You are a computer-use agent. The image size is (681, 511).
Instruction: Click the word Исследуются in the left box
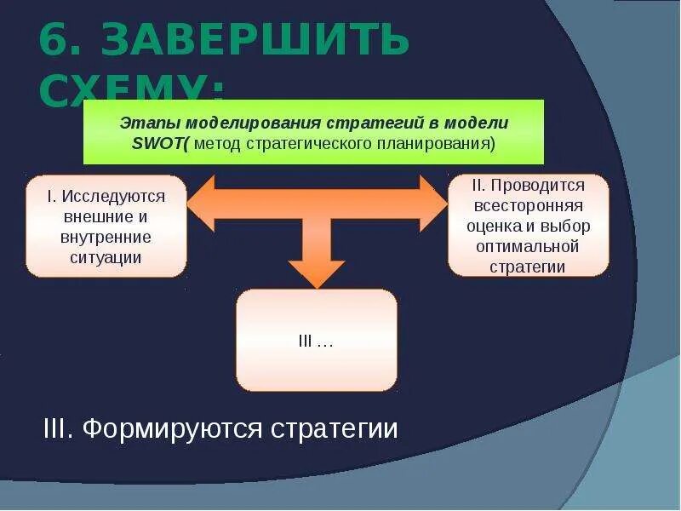pyautogui.click(x=113, y=197)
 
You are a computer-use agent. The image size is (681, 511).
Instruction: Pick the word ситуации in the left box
pyautogui.click(x=106, y=256)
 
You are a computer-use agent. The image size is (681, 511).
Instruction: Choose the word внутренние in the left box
pyautogui.click(x=106, y=237)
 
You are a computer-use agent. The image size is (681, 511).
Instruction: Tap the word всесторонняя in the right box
pyautogui.click(x=528, y=206)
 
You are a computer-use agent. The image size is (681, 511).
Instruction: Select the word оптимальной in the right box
pyautogui.click(x=528, y=246)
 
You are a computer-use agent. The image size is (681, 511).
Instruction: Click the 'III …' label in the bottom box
pyautogui.click(x=316, y=341)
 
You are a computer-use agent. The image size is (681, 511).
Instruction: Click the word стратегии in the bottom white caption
pyautogui.click(x=335, y=428)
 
